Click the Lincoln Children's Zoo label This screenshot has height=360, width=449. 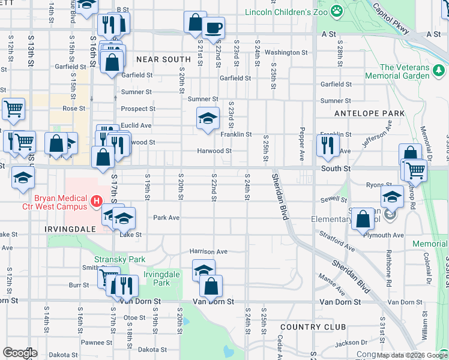pos(286,12)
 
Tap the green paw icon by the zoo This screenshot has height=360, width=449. pos(338,10)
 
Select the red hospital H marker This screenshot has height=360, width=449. pos(96,200)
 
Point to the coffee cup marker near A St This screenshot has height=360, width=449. pos(212,26)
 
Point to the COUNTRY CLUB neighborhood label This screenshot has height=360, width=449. pos(313,326)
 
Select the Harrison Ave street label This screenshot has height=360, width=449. pos(208,251)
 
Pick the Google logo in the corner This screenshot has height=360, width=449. pos(20,353)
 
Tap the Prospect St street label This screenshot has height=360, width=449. pos(138,109)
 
